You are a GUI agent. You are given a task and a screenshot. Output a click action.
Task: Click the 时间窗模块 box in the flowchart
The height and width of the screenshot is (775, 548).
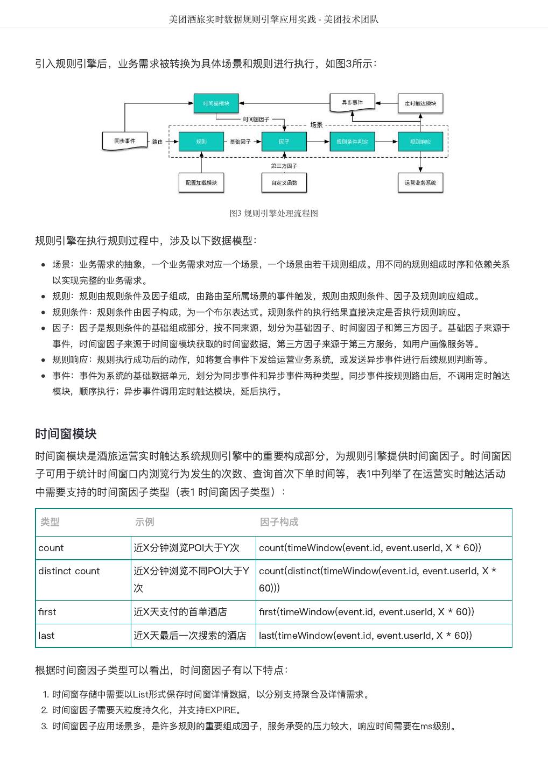pyautogui.click(x=216, y=103)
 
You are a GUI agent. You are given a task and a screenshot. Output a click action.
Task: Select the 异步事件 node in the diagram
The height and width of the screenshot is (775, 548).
pyautogui.click(x=352, y=102)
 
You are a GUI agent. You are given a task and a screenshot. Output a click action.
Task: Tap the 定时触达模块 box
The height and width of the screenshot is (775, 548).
pyautogui.click(x=420, y=103)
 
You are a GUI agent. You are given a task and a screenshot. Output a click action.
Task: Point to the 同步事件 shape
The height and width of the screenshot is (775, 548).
pyautogui.click(x=125, y=141)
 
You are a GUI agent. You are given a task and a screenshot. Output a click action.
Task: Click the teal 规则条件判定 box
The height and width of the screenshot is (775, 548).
pyautogui.click(x=352, y=142)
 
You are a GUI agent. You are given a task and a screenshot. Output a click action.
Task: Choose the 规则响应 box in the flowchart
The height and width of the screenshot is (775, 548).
pyautogui.click(x=420, y=142)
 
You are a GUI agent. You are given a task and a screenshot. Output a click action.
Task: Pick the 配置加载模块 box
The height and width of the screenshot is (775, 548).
pyautogui.click(x=201, y=183)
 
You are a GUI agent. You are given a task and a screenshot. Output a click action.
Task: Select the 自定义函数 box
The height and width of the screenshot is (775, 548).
pyautogui.click(x=284, y=183)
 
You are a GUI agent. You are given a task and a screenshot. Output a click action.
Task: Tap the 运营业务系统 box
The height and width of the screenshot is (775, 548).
pyautogui.click(x=420, y=183)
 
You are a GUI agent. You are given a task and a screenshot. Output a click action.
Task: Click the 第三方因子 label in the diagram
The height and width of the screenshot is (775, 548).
pyautogui.click(x=284, y=166)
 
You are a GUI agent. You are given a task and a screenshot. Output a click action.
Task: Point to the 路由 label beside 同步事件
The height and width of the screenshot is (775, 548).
pyautogui.click(x=157, y=142)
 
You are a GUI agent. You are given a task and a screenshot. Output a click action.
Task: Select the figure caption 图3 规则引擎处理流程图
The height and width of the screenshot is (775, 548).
pyautogui.click(x=273, y=213)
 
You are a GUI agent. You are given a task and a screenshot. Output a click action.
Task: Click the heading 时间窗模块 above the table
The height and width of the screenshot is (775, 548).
pyautogui.click(x=66, y=434)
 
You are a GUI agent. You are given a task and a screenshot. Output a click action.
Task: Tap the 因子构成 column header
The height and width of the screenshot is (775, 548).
pyautogui.click(x=279, y=522)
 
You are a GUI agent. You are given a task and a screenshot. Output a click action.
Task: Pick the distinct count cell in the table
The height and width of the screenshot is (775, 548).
pyautogui.click(x=69, y=571)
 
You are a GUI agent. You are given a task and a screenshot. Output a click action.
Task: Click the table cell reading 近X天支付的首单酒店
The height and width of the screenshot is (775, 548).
pyautogui.click(x=180, y=612)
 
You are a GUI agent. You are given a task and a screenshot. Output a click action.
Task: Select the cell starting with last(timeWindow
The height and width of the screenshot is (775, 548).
pyautogui.click(x=366, y=636)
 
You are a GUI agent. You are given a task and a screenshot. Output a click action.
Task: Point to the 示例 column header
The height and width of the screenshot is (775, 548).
pyautogui.click(x=144, y=522)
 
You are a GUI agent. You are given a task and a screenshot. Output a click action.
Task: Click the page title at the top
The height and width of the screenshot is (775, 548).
pyautogui.click(x=273, y=19)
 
